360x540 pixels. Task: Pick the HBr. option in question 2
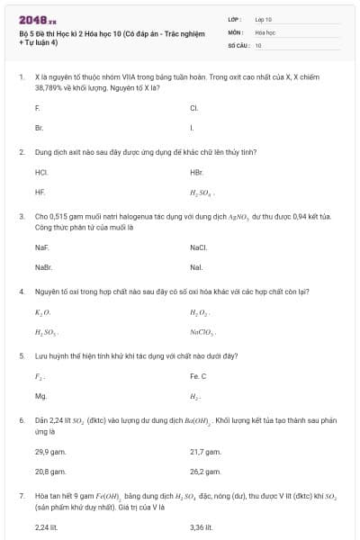[197, 172]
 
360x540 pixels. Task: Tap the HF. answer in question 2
[40, 192]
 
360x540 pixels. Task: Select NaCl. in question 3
[199, 247]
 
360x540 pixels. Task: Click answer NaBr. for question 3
[43, 267]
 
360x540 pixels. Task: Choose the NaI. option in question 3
[196, 267]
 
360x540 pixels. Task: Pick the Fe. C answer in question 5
[198, 376]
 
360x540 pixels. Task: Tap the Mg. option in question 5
[40, 396]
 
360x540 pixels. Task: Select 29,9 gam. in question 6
[50, 452]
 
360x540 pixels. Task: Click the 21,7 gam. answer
[205, 452]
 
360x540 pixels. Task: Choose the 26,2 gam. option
[205, 472]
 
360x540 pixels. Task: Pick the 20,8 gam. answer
[50, 472]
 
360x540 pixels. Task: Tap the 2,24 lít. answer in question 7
[46, 527]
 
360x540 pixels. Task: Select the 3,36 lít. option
[201, 527]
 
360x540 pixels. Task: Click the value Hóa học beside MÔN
[265, 31]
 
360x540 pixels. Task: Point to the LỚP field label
[235, 19]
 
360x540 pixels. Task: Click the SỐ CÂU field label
[238, 45]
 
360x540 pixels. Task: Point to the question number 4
[22, 292]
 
